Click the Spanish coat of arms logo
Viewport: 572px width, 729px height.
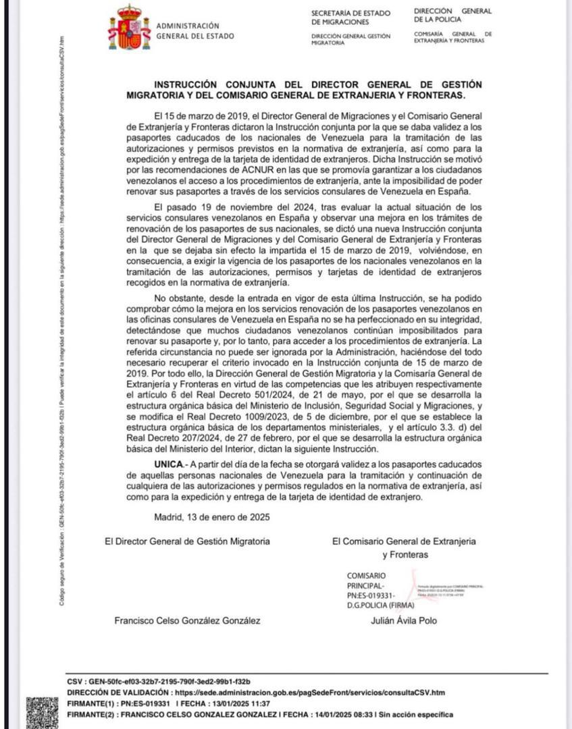coord(130,28)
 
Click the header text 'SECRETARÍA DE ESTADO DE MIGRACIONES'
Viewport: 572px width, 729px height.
coord(350,18)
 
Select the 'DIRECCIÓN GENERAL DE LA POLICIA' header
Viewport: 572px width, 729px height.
coord(452,15)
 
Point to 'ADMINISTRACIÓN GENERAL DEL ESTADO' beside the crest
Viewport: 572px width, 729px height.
coord(195,31)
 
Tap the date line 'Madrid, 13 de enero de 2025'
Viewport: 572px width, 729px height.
coord(212,517)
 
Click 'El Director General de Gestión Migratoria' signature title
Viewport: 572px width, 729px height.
coord(187,541)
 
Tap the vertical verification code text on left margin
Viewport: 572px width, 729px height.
coord(61,317)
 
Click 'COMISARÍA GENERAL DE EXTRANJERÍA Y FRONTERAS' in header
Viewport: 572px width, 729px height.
coord(452,37)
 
